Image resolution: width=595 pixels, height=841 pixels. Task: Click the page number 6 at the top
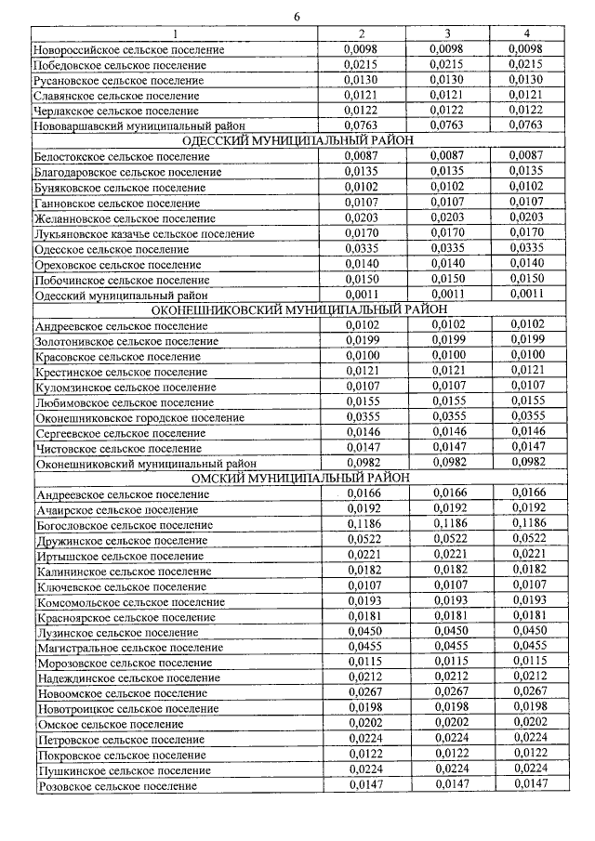(297, 16)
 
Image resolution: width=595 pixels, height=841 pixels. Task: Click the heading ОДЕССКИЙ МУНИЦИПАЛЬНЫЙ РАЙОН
(298, 139)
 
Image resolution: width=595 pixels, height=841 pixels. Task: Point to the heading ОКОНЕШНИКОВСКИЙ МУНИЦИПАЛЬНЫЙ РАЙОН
(298, 309)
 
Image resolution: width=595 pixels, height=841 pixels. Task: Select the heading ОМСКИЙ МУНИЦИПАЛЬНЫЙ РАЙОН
(298, 478)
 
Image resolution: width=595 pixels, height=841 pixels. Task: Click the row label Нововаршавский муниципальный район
(126, 125)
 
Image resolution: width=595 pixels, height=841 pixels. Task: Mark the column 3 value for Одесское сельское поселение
(447, 248)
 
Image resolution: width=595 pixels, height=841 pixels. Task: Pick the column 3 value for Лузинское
(447, 631)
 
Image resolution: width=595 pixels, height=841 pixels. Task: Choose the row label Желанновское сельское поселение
(120, 218)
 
